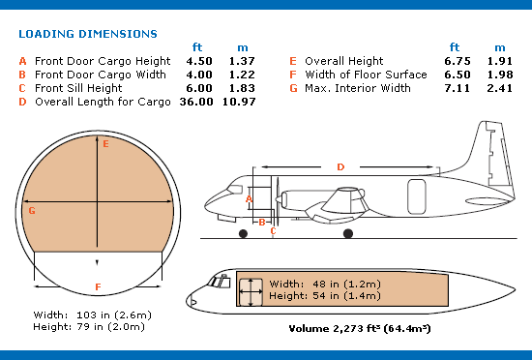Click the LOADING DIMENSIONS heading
tap(88, 34)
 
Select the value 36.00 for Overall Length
tap(196, 102)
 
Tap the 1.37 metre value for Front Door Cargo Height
tap(242, 61)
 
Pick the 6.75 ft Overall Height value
tap(458, 61)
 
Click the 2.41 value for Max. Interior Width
tap(500, 88)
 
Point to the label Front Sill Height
tap(78, 88)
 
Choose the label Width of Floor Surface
tap(366, 75)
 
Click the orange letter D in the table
tap(22, 102)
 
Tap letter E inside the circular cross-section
tap(105, 144)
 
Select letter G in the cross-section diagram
tap(32, 211)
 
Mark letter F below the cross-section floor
tap(98, 287)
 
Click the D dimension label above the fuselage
tap(340, 167)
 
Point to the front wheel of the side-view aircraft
tap(243, 233)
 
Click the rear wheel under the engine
tap(348, 233)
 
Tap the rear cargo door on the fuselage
tap(417, 196)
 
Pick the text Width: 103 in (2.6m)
tap(92, 315)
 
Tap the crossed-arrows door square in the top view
tap(251, 292)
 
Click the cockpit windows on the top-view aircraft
tap(220, 282)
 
